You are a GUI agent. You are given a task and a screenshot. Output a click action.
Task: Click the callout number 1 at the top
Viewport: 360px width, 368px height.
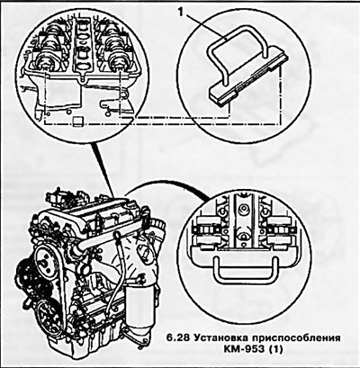(x=181, y=13)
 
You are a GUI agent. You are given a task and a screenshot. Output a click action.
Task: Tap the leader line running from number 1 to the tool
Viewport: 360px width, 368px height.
(x=204, y=28)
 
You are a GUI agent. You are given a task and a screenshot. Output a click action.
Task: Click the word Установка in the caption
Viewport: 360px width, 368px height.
(x=221, y=338)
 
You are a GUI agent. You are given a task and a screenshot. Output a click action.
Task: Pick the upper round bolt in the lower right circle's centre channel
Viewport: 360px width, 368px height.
(x=244, y=208)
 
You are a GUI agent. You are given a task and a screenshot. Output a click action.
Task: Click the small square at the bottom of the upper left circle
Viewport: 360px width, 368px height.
(x=77, y=121)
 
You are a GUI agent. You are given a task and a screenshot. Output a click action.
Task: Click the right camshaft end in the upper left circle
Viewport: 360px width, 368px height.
(x=117, y=60)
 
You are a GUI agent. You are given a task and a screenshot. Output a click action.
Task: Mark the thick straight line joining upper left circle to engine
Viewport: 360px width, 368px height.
(x=104, y=169)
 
